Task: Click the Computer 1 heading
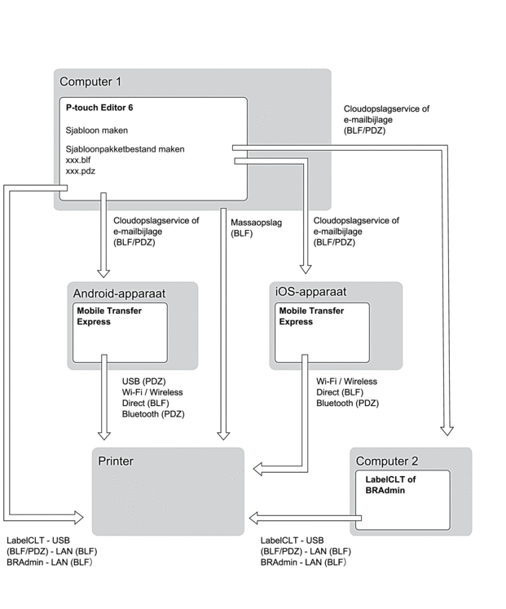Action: (90, 82)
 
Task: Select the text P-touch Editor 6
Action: (99, 108)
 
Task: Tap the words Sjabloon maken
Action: (96, 129)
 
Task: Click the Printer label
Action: (116, 461)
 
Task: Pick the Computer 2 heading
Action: (386, 461)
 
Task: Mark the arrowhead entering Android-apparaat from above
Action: (103, 271)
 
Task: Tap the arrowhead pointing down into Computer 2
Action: (446, 430)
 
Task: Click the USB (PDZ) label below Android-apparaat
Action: (143, 381)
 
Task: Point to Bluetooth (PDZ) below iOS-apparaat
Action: (348, 403)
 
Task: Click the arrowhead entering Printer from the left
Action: (80, 516)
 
